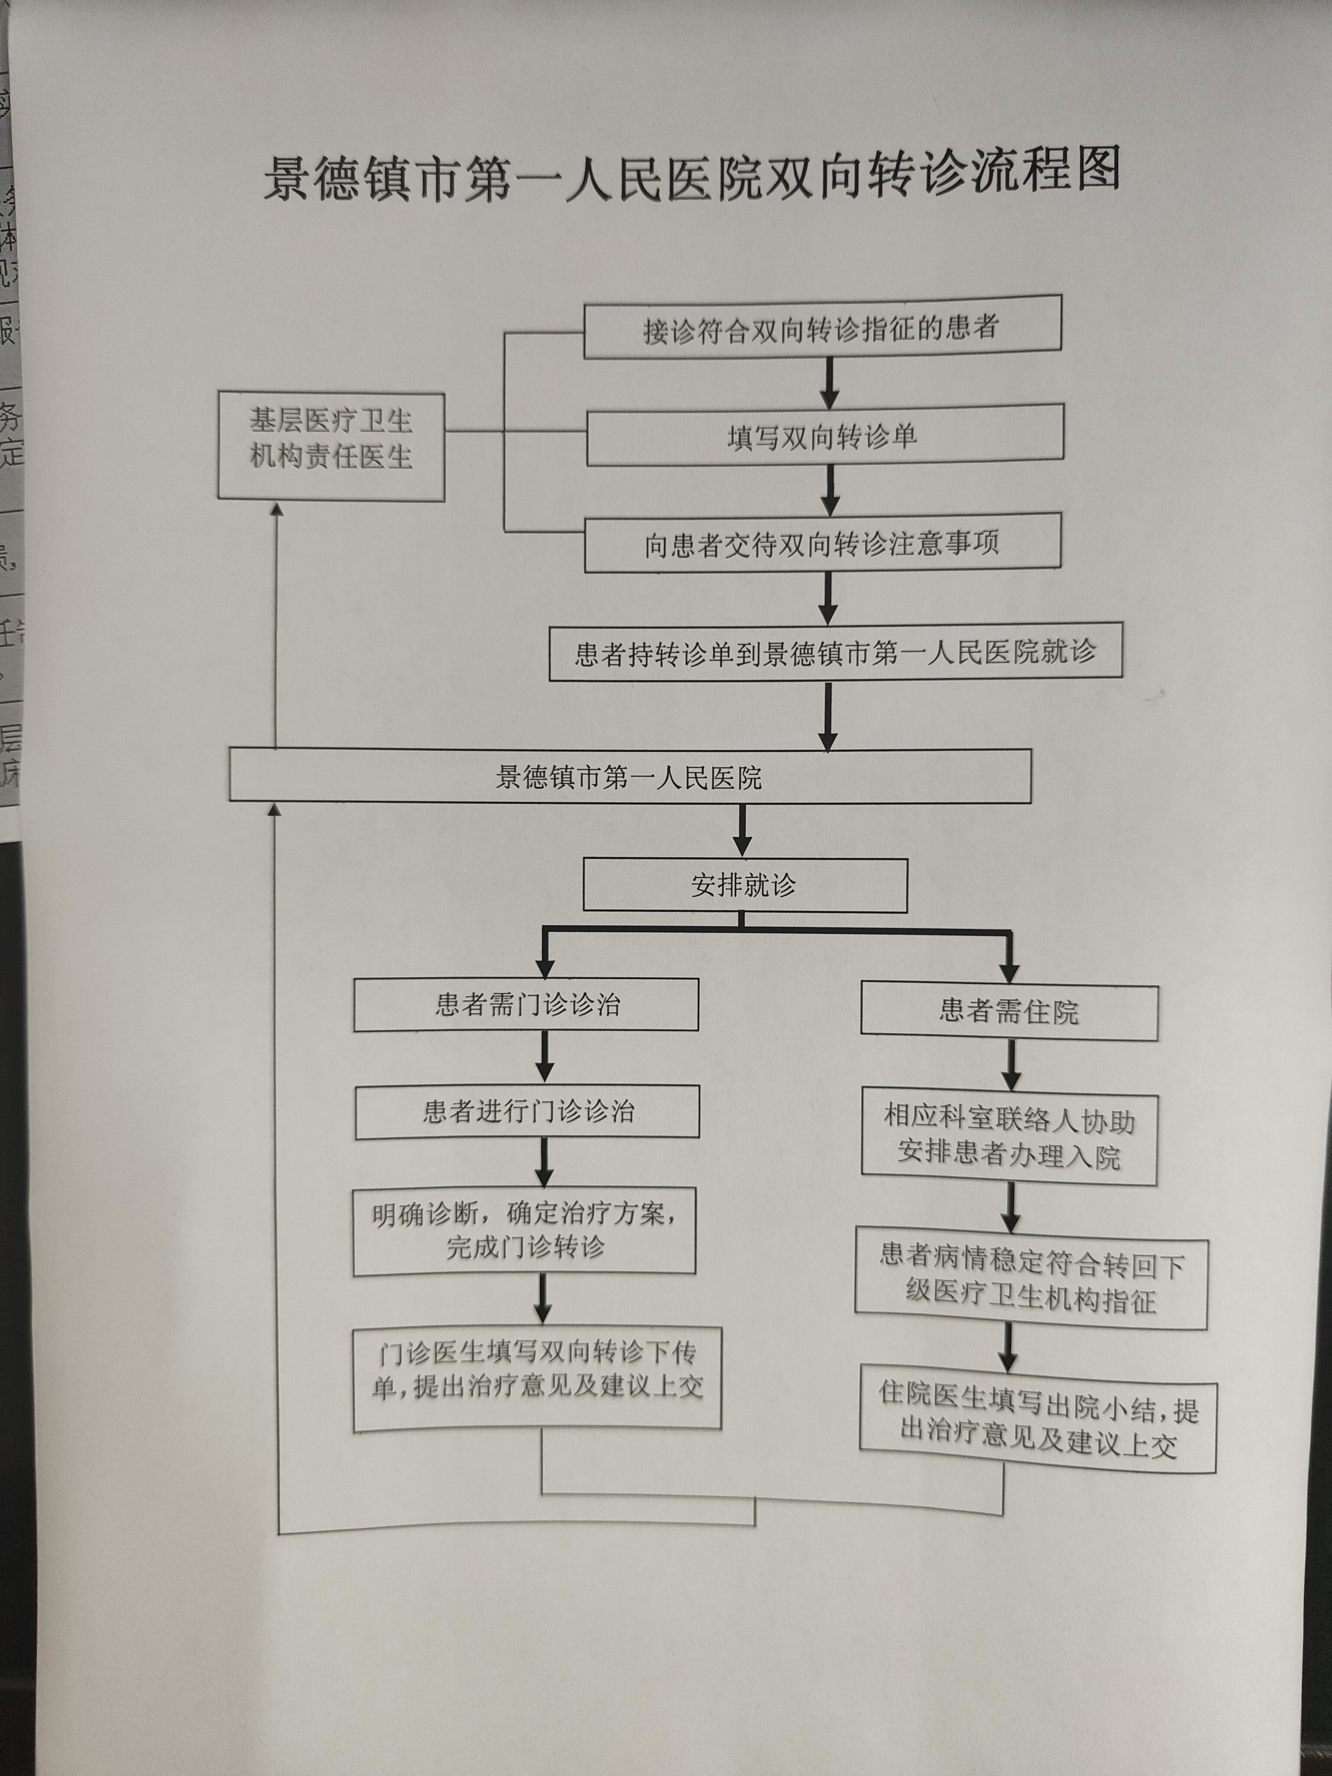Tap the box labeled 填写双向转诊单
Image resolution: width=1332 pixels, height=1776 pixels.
pos(825,436)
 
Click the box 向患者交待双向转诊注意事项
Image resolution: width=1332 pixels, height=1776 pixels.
pos(822,544)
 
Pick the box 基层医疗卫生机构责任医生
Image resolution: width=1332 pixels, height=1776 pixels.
pos(331,447)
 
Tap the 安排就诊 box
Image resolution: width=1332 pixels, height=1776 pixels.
pos(744,885)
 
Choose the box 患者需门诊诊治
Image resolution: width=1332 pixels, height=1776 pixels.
pos(526,1004)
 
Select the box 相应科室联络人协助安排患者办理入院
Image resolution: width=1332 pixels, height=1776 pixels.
pos(1009,1139)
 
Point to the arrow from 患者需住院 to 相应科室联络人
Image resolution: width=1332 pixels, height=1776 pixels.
pos(1012,1065)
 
